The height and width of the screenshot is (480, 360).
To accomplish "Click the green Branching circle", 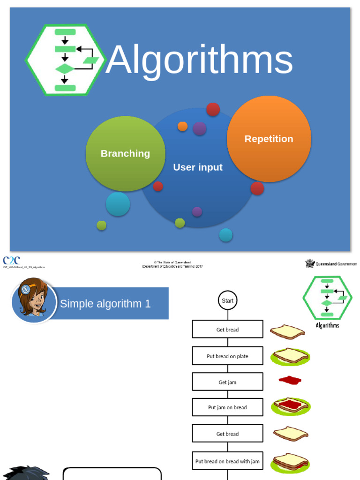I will (x=125, y=154).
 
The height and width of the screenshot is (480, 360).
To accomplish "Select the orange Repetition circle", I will (x=269, y=139).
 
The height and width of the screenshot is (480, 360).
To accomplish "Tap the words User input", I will (x=198, y=167).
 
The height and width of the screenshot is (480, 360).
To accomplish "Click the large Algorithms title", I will (x=199, y=60).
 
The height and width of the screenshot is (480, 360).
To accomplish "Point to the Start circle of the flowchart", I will (x=227, y=300).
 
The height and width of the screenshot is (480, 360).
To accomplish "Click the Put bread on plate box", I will (x=227, y=356).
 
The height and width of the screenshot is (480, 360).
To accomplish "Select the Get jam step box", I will (x=227, y=382).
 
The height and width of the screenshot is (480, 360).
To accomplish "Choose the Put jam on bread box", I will (x=227, y=407).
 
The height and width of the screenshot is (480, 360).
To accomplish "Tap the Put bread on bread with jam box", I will (x=227, y=461).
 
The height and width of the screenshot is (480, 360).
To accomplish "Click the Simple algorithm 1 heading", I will (x=105, y=304).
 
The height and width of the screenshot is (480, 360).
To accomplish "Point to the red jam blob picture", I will (x=290, y=380).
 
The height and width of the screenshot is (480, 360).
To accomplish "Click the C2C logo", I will (x=11, y=261).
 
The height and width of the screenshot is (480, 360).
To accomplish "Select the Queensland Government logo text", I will (x=336, y=264).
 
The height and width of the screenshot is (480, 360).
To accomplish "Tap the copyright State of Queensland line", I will (x=172, y=262).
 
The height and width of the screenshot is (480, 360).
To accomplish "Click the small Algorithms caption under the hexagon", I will (x=327, y=325).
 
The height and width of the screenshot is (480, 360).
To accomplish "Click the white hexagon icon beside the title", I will (x=66, y=60).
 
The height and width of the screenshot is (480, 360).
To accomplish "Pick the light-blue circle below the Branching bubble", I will (x=118, y=204).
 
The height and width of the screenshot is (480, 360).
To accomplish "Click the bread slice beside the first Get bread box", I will (x=287, y=331).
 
